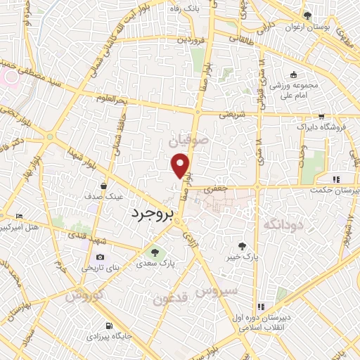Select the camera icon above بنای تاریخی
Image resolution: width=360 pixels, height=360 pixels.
100,257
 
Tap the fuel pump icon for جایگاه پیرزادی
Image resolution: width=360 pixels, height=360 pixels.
108,326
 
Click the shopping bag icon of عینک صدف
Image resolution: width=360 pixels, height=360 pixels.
104,186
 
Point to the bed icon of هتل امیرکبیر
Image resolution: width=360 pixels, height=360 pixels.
19,215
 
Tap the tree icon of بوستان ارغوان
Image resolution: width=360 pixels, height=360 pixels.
307,15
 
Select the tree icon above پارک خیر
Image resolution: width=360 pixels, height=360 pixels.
243,246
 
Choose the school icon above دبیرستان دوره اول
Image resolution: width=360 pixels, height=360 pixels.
260,307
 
